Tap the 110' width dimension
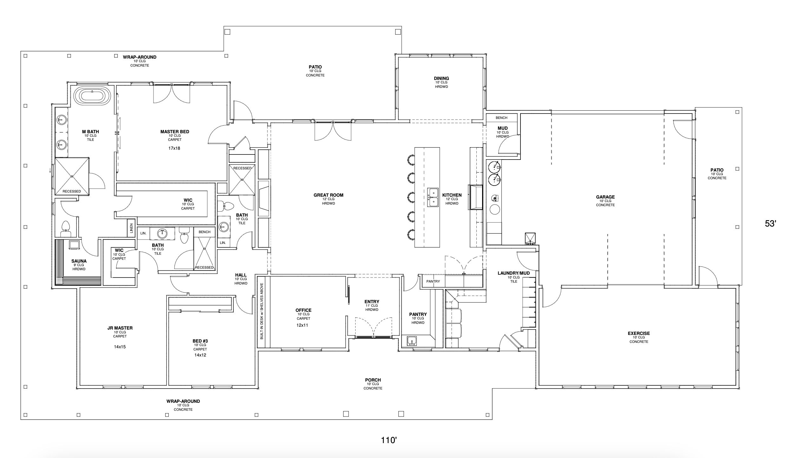pos(389,440)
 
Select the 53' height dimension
pos(770,224)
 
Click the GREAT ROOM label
pos(328,195)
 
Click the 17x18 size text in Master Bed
pos(174,148)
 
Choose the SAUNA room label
pos(79,261)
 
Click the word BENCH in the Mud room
pos(501,118)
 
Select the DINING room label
pos(441,78)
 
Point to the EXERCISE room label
pos(639,333)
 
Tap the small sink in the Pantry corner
pos(412,341)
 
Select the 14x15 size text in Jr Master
pos(120,347)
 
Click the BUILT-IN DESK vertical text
pos(262,311)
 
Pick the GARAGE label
pos(605,197)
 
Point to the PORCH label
pos(373,380)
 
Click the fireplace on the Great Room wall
pos(264,199)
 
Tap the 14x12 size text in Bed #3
pos(200,355)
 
